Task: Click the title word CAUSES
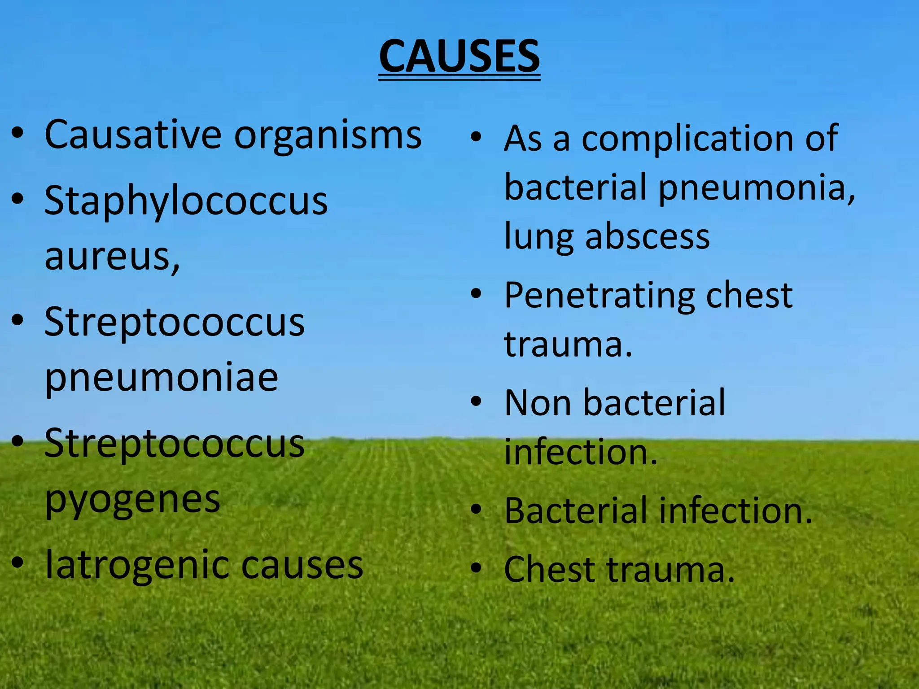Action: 459,57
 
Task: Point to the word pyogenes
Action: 133,499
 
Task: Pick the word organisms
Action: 328,135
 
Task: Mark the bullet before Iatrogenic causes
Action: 18,563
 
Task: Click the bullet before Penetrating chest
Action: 476,294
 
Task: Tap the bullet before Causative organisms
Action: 18,133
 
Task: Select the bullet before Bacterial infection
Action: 476,510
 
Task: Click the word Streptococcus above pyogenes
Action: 175,444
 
